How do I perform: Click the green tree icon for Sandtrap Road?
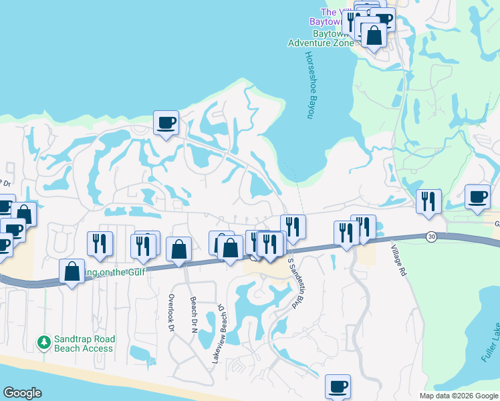[x=44, y=343]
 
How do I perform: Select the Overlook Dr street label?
[x=171, y=313]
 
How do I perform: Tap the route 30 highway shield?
[x=432, y=237]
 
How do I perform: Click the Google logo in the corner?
[x=22, y=393]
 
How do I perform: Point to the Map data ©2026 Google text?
[x=459, y=396]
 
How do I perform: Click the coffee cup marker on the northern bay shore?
[x=166, y=123]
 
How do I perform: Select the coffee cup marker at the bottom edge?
[x=338, y=386]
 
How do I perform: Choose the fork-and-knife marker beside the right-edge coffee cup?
[x=428, y=200]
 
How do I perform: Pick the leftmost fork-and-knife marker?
[x=100, y=244]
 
